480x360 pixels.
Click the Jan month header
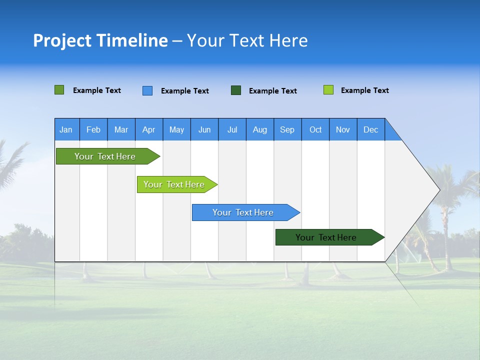point(66,129)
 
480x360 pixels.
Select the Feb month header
point(93,129)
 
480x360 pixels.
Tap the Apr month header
point(148,129)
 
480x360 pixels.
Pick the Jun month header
point(204,129)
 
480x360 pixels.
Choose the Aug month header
point(259,129)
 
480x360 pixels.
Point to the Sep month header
point(287,129)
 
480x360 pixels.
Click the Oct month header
point(315,129)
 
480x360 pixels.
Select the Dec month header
point(370,129)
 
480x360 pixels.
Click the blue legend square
point(147,90)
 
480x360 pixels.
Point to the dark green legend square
point(236,90)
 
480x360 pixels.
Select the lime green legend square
point(328,90)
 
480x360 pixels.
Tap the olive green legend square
point(59,90)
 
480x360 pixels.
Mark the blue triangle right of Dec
point(391,133)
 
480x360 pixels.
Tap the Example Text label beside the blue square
point(184,91)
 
